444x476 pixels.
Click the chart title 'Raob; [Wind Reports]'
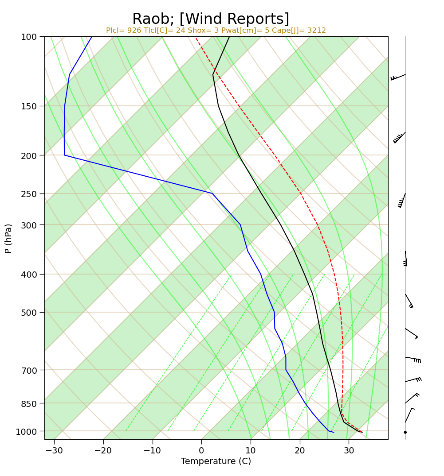pyautogui.click(x=211, y=19)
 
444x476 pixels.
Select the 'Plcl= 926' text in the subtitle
pyautogui.click(x=123, y=31)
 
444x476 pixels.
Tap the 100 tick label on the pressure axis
pyautogui.click(x=28, y=37)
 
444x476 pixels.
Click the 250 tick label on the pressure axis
pyautogui.click(x=28, y=193)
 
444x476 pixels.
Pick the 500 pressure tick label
pyautogui.click(x=28, y=312)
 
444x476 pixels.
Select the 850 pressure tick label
pyautogui.click(x=28, y=403)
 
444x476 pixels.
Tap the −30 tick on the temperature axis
pyautogui.click(x=55, y=450)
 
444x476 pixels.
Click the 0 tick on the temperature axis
pyautogui.click(x=202, y=450)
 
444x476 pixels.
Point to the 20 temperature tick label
pyautogui.click(x=300, y=450)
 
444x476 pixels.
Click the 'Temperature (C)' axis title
pyautogui.click(x=216, y=461)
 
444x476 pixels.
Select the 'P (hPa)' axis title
pyautogui.click(x=8, y=238)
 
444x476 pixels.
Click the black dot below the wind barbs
pyautogui.click(x=405, y=432)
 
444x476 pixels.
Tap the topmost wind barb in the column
pyautogui.click(x=398, y=77)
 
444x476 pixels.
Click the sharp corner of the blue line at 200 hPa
pyautogui.click(x=64, y=155)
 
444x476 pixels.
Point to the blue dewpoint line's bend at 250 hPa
pyautogui.click(x=212, y=193)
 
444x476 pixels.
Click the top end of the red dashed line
pyautogui.click(x=196, y=38)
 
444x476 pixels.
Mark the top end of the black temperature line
pyautogui.click(x=229, y=37)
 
